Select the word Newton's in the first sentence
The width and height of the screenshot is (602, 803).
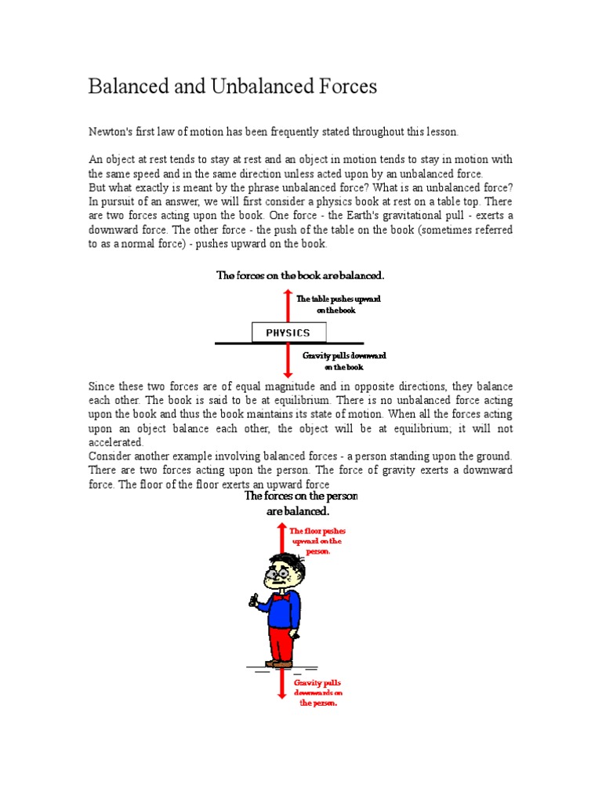pyautogui.click(x=111, y=133)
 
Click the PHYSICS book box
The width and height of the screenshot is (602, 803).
pyautogui.click(x=288, y=332)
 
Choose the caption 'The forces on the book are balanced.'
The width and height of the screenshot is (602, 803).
pyautogui.click(x=300, y=275)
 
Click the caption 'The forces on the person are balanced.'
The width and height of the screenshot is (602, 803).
pyautogui.click(x=300, y=503)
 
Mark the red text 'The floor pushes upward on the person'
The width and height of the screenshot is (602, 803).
pyautogui.click(x=317, y=541)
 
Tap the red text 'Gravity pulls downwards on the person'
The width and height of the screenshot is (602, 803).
pyautogui.click(x=318, y=693)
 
